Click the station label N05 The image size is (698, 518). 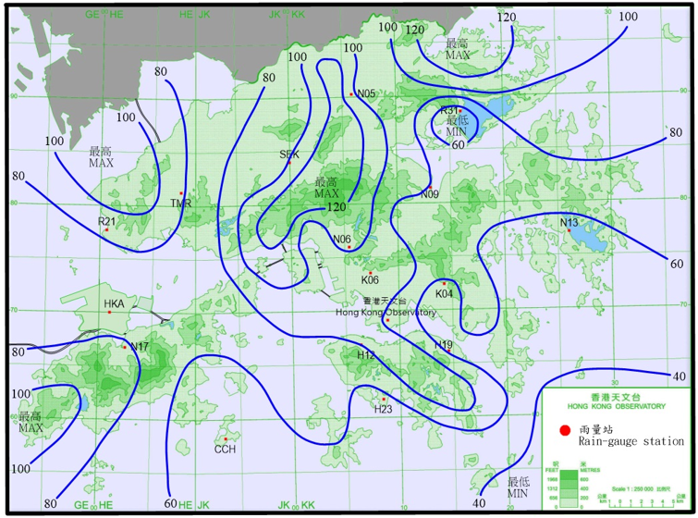point(366,93)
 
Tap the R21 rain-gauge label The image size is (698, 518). point(106,222)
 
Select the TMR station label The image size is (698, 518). point(180,203)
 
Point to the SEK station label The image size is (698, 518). point(289,154)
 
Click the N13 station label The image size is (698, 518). point(569,222)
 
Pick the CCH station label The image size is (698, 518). point(226,450)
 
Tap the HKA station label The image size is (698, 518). point(114,303)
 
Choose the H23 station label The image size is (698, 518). point(384,409)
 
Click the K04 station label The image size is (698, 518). point(445,294)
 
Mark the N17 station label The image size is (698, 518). point(140,347)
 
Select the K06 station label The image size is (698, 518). point(370,279)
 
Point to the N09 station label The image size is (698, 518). point(429,194)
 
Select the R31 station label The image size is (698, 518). point(449,111)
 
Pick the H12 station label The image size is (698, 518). point(366,355)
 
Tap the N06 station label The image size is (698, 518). point(342,240)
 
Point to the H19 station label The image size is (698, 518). point(444,345)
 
